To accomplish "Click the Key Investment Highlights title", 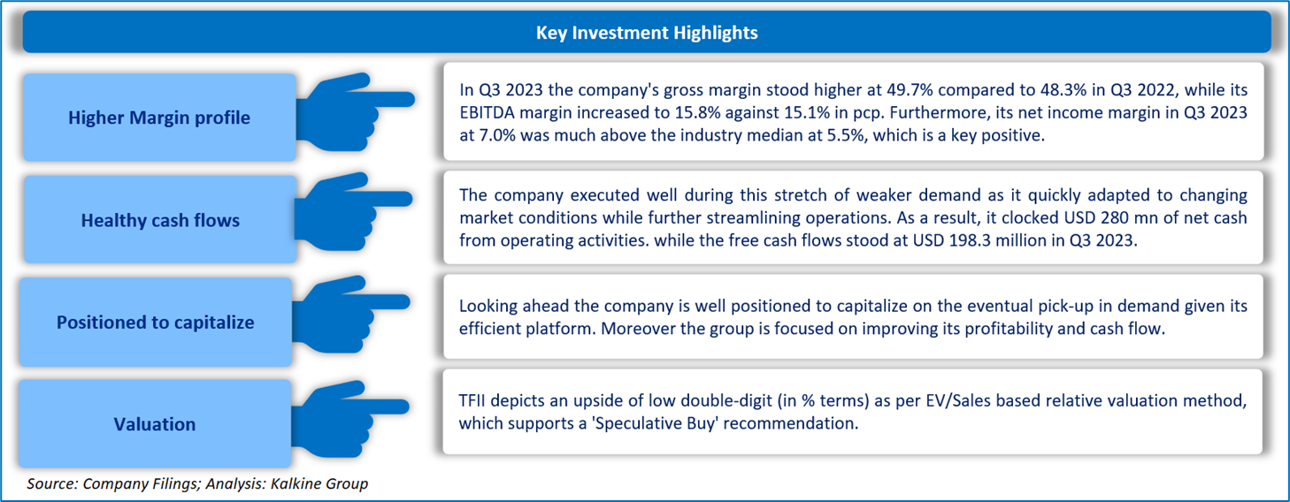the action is [647, 33].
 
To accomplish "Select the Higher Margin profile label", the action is [159, 118].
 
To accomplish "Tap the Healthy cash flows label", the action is [160, 220].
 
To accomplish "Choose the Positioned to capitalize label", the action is [155, 322].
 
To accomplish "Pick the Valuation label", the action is [154, 424].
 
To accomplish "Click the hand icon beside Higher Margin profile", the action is [354, 112].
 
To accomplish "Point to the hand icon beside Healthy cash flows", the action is [353, 211].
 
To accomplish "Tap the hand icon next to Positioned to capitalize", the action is [350, 315].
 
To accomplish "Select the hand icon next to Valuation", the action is [350, 419].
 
